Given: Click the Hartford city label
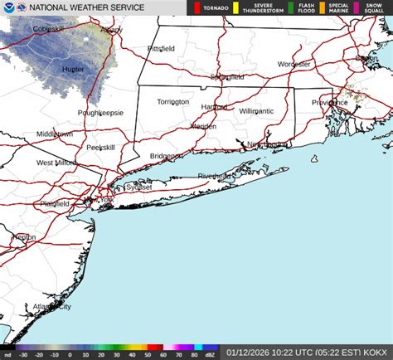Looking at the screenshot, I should (214, 106).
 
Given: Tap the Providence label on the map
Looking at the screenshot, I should (329, 102).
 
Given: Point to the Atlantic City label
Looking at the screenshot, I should (51, 306).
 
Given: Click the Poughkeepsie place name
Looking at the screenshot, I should (100, 112).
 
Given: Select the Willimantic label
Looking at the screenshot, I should (256, 110).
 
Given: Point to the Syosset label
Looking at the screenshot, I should (138, 187).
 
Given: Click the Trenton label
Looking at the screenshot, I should (23, 236).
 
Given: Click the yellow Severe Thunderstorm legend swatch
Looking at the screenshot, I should (235, 8).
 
